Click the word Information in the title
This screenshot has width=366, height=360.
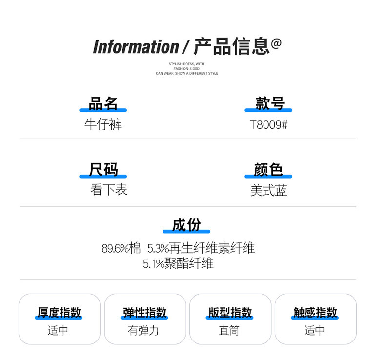[x=136, y=47]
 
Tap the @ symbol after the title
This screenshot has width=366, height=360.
[x=276, y=44]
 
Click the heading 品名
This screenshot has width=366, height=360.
[x=103, y=103]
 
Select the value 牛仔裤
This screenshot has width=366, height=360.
[x=103, y=124]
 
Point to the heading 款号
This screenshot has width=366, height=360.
[x=269, y=103]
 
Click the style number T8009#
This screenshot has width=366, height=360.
[x=269, y=125]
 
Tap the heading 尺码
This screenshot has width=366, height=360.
[x=103, y=170]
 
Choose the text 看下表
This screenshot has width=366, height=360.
[x=108, y=190]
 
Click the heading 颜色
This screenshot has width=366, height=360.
[x=268, y=170]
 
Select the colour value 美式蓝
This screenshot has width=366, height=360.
[x=268, y=191]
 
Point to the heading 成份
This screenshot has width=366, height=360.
[x=186, y=225]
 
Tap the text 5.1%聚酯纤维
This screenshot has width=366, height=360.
[x=178, y=264]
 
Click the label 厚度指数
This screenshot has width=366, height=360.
[x=60, y=312]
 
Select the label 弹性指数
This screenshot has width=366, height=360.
[x=145, y=312]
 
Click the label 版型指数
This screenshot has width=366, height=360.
[x=230, y=312]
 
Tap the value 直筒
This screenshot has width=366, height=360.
[x=229, y=330]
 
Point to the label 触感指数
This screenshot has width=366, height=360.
[x=315, y=312]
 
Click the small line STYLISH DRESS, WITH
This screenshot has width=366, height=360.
[x=186, y=64]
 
